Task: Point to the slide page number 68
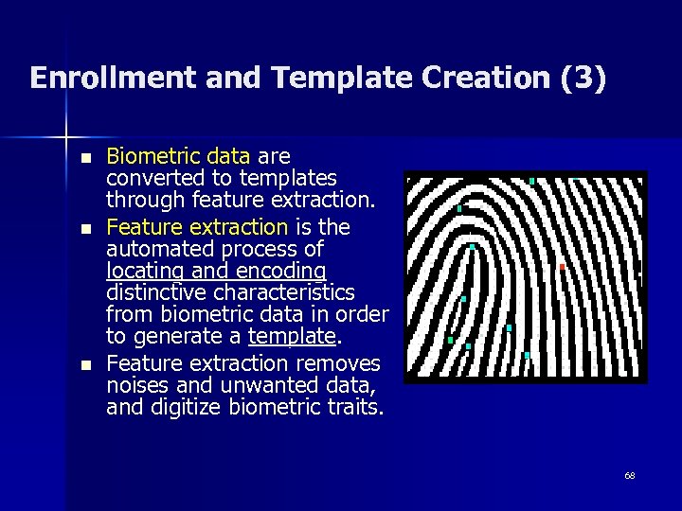pyautogui.click(x=629, y=474)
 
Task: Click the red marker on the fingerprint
pyautogui.click(x=562, y=268)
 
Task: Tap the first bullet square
pyautogui.click(x=86, y=157)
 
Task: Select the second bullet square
pyautogui.click(x=86, y=229)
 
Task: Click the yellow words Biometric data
pyautogui.click(x=178, y=155)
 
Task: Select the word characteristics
pyautogui.click(x=287, y=293)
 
